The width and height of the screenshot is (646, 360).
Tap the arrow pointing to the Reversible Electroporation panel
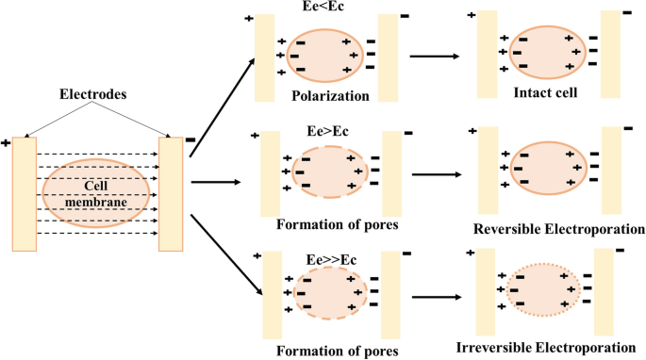[441, 174]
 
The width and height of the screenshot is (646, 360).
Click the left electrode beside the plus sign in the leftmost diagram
[25, 194]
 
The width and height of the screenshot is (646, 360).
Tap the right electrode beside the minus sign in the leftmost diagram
[171, 194]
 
